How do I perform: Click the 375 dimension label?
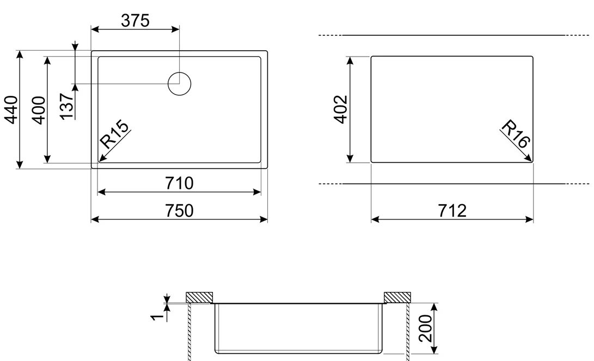point(135,21)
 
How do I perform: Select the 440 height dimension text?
point(11,110)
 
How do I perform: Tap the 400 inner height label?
point(39,110)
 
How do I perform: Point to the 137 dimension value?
point(66,106)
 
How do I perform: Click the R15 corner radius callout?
point(114,134)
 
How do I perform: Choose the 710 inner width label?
point(179,183)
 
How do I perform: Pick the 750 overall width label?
point(179,211)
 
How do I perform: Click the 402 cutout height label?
point(341,109)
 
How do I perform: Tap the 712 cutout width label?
point(452,211)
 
